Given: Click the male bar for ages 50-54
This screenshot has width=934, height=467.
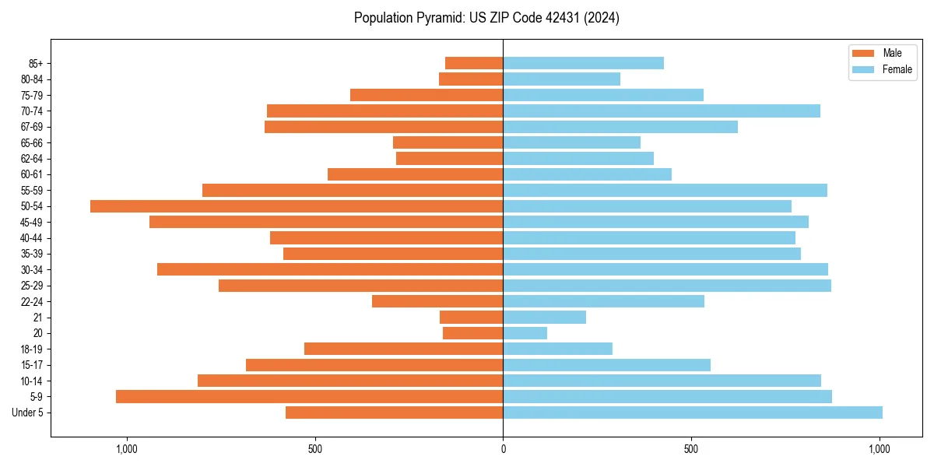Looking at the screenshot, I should coord(297,206).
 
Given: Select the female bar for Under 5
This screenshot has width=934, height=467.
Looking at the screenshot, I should coord(693,413).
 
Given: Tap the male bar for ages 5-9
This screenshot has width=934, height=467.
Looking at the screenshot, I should coord(309,397).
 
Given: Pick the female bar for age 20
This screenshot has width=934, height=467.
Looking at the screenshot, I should coord(525,333).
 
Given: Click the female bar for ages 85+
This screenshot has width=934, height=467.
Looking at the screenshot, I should coord(583,63).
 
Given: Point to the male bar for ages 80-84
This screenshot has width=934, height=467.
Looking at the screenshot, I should coord(471,79).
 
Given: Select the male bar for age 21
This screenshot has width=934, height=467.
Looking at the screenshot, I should coord(471,318).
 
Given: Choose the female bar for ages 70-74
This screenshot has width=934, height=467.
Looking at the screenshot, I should coord(662,111).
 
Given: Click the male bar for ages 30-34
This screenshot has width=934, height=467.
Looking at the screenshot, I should coord(330,270).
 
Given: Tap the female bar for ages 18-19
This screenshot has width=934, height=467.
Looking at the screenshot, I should coord(558,349).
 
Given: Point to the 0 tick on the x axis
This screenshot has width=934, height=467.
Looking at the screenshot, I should coord(503,449).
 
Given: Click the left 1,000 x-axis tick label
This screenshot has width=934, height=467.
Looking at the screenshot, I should coord(127,449).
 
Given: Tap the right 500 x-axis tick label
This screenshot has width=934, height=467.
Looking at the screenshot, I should coord(691,449).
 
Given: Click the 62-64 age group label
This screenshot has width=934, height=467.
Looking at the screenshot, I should coord(30,159).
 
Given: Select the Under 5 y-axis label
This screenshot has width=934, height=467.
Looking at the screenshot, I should coord(27,413).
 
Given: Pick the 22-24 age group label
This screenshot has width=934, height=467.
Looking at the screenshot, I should coord(30,302).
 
